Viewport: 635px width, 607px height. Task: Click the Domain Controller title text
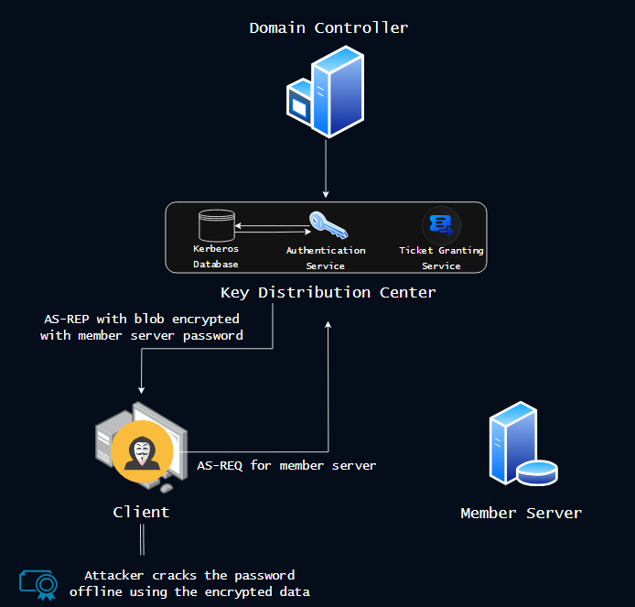click(328, 27)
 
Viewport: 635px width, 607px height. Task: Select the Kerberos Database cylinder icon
click(217, 226)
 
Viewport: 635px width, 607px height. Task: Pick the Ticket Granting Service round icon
click(441, 224)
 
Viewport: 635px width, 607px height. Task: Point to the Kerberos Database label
click(216, 256)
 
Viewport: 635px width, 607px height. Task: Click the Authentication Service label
click(326, 257)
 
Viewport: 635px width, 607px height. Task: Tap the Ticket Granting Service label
click(441, 257)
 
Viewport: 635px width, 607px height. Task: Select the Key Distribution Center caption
click(328, 293)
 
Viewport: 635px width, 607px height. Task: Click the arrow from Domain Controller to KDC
click(326, 169)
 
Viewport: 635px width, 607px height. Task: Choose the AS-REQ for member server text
click(286, 465)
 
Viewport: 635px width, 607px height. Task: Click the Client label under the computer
click(141, 512)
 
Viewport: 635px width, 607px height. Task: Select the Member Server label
click(521, 513)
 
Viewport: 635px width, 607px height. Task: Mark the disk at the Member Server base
click(536, 472)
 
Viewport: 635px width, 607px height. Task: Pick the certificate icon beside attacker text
click(38, 583)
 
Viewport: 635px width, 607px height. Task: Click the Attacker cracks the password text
click(189, 583)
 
